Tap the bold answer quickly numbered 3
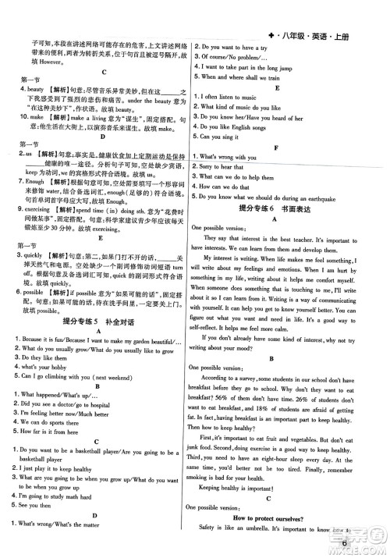[x=31, y=255]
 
